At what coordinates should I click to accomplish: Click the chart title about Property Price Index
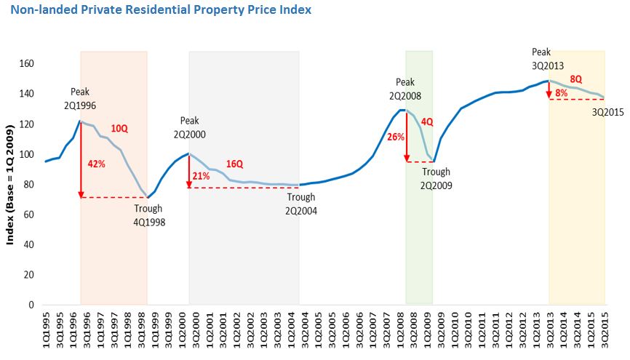(x=161, y=10)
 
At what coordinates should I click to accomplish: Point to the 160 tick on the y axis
(x=28, y=63)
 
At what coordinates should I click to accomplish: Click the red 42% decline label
(x=97, y=164)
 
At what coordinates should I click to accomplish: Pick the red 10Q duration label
(x=119, y=129)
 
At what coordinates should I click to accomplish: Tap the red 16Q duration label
(x=234, y=164)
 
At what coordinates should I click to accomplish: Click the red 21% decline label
(x=202, y=177)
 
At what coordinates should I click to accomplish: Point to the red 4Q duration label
(x=426, y=121)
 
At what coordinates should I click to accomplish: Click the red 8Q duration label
(x=575, y=79)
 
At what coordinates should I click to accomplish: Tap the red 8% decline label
(x=561, y=93)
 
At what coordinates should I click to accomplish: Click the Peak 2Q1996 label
(x=80, y=98)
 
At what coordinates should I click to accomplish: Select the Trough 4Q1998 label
(x=149, y=215)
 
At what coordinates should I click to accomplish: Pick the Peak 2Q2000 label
(x=189, y=127)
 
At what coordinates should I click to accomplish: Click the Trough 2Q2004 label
(x=300, y=204)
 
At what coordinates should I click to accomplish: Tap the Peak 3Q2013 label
(x=548, y=58)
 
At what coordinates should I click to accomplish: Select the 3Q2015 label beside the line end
(x=607, y=112)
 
